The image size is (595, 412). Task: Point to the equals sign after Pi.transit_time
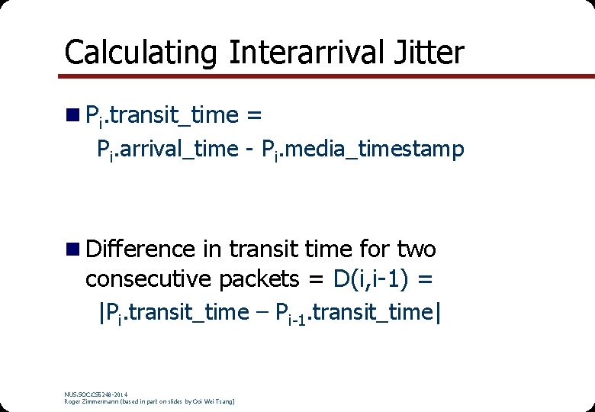pyautogui.click(x=255, y=115)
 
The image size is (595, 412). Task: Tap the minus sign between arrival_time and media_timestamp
pyautogui.click(x=249, y=150)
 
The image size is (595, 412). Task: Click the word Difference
pyautogui.click(x=141, y=249)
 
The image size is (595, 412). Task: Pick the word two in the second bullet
pyautogui.click(x=416, y=249)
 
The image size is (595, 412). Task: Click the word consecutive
pyautogui.click(x=149, y=280)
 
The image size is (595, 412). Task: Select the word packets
pyautogui.click(x=260, y=280)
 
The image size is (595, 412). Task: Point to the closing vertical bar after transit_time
pyautogui.click(x=437, y=312)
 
